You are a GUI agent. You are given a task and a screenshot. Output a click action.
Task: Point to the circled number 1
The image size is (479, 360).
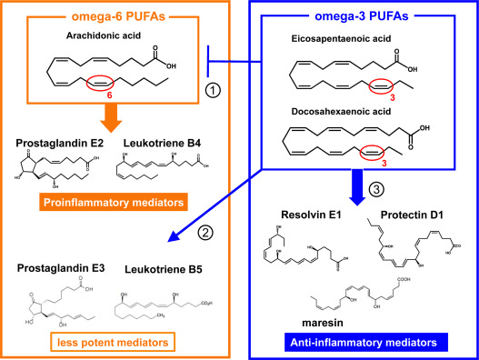pos(212,90)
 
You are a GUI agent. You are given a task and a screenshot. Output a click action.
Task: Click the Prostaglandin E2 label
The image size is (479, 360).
pos(56,143)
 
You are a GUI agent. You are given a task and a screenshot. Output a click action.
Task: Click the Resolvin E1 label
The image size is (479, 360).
pos(301,215)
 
